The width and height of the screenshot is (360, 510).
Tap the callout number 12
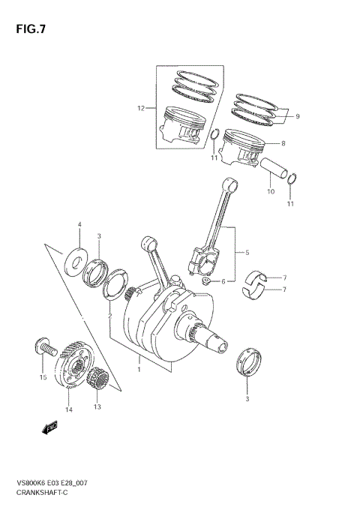coord(140,109)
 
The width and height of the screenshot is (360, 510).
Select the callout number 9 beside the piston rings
coord(297,116)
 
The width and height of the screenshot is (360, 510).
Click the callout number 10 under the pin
coord(271,191)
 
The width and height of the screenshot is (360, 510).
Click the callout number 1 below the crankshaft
coord(139,369)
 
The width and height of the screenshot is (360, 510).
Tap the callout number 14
coord(68,410)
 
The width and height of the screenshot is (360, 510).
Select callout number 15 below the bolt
coord(43,376)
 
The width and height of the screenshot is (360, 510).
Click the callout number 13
coord(96,407)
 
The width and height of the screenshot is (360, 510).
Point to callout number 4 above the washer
coord(79,225)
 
